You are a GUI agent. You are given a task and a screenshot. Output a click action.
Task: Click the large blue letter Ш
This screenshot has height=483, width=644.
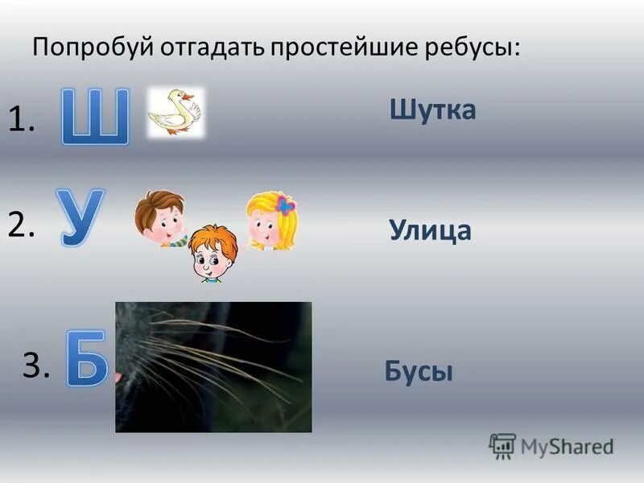pyautogui.click(x=96, y=118)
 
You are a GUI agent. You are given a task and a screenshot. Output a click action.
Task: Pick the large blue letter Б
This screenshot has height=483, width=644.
pyautogui.click(x=85, y=356)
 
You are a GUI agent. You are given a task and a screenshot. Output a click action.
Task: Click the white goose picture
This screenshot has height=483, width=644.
pyautogui.click(x=175, y=112)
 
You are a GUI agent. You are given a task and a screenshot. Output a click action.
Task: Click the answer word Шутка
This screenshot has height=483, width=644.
pyautogui.click(x=433, y=109)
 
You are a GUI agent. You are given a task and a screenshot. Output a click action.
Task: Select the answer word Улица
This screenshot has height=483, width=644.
pyautogui.click(x=430, y=231)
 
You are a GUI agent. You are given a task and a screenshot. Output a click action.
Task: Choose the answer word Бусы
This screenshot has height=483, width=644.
pyautogui.click(x=419, y=371)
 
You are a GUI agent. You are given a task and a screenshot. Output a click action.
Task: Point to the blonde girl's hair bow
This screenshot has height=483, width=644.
pyautogui.click(x=285, y=205)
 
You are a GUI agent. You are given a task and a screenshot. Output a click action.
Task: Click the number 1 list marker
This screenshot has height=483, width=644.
pyautogui.click(x=22, y=122)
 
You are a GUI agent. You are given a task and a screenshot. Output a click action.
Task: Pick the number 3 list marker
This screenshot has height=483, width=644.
pyautogui.click(x=36, y=366)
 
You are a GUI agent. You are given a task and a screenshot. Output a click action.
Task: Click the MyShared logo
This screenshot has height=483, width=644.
pyautogui.click(x=552, y=446)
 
